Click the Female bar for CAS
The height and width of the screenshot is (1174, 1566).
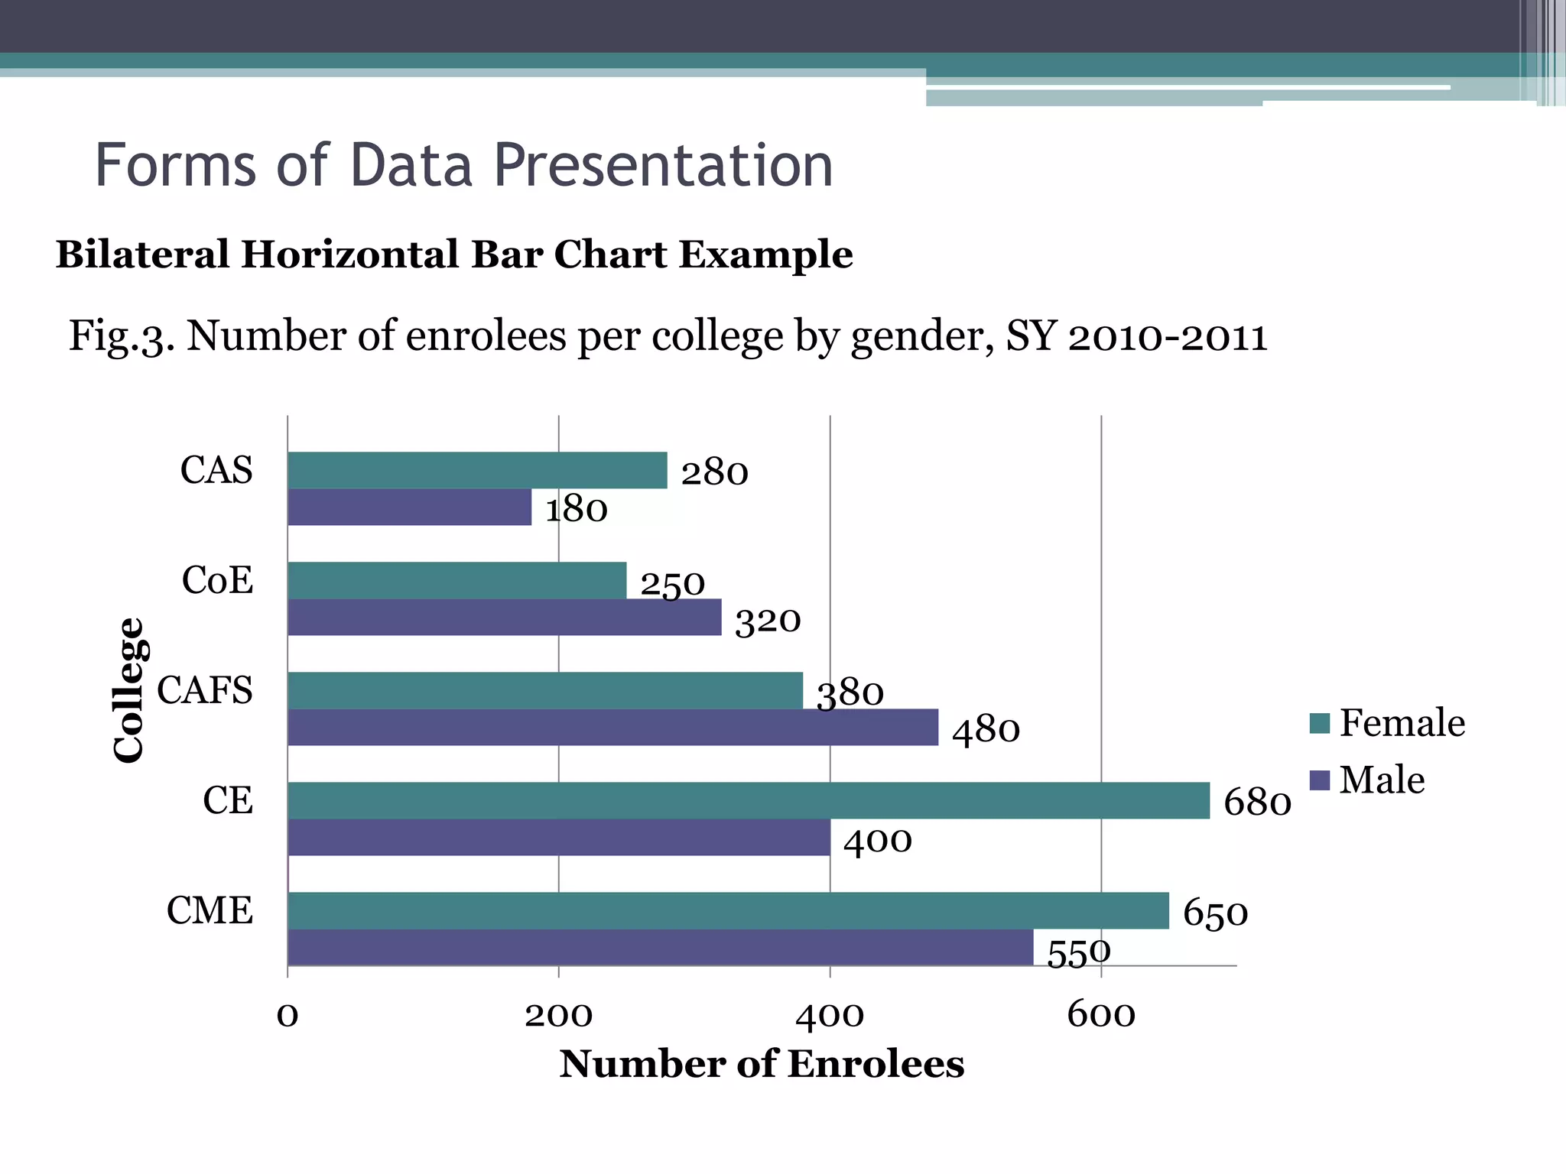tap(477, 470)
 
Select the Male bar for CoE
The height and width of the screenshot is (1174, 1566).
tap(505, 617)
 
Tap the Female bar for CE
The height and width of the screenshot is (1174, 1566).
tap(749, 800)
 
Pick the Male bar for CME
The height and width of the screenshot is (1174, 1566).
tap(660, 947)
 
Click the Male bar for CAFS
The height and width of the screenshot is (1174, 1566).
tap(612, 727)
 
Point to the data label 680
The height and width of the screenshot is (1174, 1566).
tap(1257, 803)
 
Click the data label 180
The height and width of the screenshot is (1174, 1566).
tap(576, 509)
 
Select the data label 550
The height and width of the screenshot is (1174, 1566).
tap(1078, 953)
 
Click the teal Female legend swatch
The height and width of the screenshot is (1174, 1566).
tap(1319, 723)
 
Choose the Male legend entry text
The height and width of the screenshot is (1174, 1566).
tap(1382, 780)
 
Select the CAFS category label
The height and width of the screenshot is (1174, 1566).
tap(205, 690)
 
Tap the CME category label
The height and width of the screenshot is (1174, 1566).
tap(210, 910)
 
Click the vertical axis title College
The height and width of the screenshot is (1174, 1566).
tap(128, 690)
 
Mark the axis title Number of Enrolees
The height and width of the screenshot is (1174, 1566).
tap(762, 1064)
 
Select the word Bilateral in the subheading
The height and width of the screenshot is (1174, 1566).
tap(142, 255)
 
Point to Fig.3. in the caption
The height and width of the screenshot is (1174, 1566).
tap(122, 336)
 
